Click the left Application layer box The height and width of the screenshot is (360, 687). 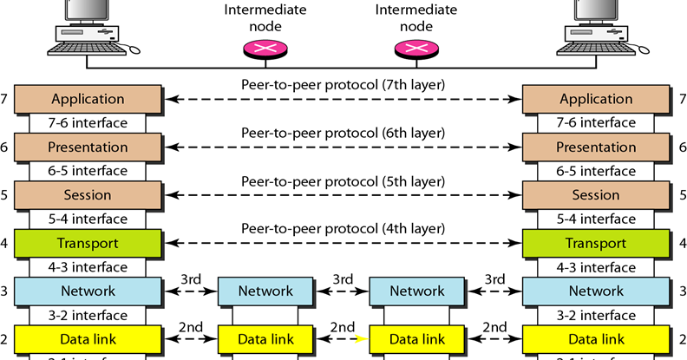pyautogui.click(x=88, y=99)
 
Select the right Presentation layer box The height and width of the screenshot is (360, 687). pyautogui.click(x=596, y=147)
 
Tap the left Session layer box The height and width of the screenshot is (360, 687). pyautogui.click(x=88, y=195)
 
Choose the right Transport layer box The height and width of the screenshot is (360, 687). pyautogui.click(x=596, y=244)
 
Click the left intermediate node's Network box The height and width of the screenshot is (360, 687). pyautogui.click(x=265, y=291)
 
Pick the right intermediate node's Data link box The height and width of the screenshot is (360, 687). pyautogui.click(x=417, y=339)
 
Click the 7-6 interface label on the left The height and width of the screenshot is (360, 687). pyautogui.click(x=88, y=122)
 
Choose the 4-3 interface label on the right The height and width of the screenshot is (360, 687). pyautogui.click(x=596, y=267)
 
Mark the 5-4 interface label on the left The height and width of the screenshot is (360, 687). pyautogui.click(x=88, y=219)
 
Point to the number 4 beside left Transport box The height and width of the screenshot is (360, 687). pyautogui.click(x=5, y=244)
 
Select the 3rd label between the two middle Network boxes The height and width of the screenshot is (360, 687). pyautogui.click(x=343, y=279)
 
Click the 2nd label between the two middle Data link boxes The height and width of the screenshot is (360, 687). pyautogui.click(x=343, y=327)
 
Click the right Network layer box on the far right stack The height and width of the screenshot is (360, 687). pyautogui.click(x=596, y=291)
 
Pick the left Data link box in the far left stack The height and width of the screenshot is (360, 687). pyautogui.click(x=88, y=339)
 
